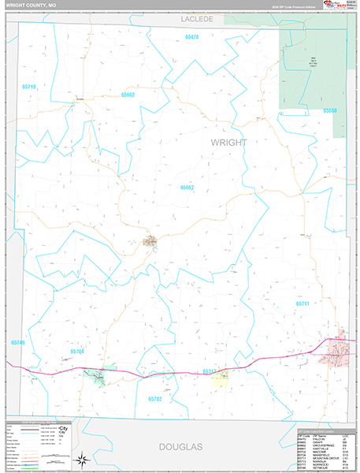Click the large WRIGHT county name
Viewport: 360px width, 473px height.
[x=228, y=143]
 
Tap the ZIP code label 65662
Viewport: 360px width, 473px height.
[x=128, y=95]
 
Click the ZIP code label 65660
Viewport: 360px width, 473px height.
[x=328, y=110]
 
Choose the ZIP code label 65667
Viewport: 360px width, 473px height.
[x=187, y=188]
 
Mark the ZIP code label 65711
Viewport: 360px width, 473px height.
[x=304, y=303]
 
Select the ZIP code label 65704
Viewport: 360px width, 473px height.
[x=77, y=352]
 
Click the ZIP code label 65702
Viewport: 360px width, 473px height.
[x=154, y=399]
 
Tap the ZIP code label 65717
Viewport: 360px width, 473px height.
[x=209, y=371]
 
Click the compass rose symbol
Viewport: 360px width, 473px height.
[x=83, y=459]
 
